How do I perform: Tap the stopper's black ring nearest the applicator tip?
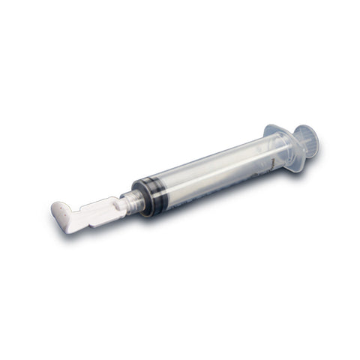pyautogui.click(x=141, y=199)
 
